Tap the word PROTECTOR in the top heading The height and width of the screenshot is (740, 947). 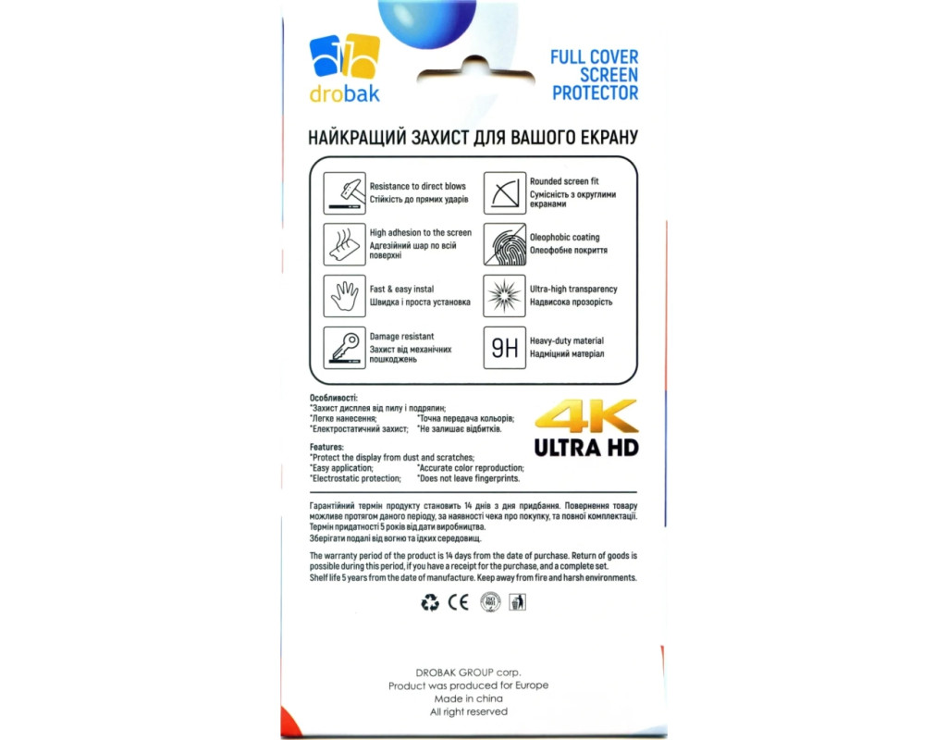pos(596,93)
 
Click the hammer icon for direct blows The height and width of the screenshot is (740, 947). pos(344,192)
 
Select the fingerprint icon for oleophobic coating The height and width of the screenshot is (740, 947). pos(504,244)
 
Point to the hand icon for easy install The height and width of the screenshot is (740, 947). pos(344,296)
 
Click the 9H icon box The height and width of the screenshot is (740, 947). pos(504,348)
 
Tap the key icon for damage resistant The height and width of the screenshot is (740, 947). pos(344,348)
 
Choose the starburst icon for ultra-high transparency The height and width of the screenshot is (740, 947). pos(504,296)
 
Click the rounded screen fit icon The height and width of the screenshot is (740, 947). pos(504,192)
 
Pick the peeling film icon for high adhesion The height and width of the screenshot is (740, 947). pos(344,244)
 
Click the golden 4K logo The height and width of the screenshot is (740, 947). pos(586,417)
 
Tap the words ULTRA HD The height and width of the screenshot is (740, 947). pos(586,448)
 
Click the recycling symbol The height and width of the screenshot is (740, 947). pos(430,603)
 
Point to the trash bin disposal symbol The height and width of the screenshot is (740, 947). pos(518,603)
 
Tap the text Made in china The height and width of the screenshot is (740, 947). pos(468,698)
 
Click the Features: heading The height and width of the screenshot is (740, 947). pos(327,447)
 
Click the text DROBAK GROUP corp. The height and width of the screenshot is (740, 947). pos(468,672)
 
